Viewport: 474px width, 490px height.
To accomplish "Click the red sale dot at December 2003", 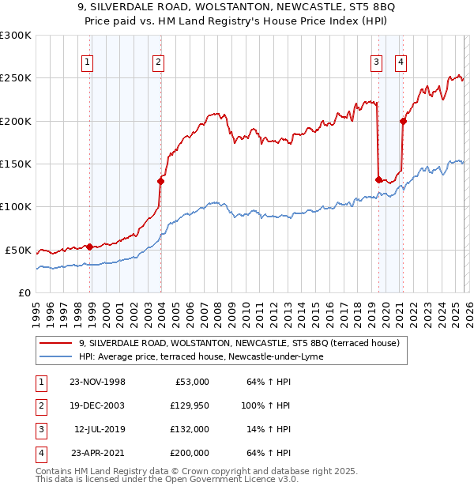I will (x=161, y=181).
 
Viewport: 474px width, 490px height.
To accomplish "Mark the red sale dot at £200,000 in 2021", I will (x=403, y=121).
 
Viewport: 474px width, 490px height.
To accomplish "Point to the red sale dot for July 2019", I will (x=378, y=179).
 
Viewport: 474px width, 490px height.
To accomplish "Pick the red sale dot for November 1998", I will (x=90, y=247).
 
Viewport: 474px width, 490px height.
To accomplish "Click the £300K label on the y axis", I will (x=16, y=36).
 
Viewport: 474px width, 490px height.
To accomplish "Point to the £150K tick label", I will (x=16, y=164).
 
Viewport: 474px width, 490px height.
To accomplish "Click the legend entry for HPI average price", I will (x=208, y=356).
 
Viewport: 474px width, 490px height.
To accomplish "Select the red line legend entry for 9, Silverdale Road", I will (x=239, y=343).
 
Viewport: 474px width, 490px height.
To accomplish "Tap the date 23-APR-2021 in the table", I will (x=97, y=453).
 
